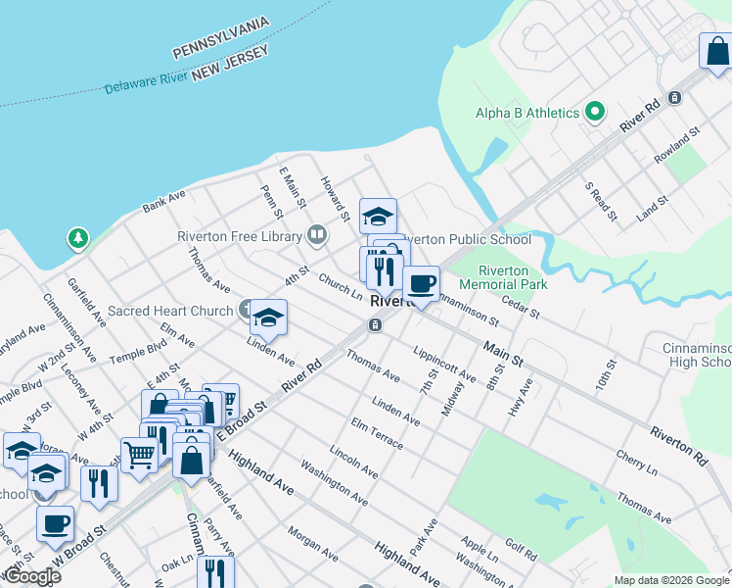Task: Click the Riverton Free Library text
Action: tap(240, 235)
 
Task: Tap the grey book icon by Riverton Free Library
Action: tap(316, 234)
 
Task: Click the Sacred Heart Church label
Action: tap(170, 311)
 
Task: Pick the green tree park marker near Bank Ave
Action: tap(77, 238)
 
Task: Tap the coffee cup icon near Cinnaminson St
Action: tap(421, 284)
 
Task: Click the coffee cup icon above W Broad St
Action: tap(55, 522)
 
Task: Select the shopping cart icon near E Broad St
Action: tap(140, 454)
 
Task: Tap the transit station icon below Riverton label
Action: tap(375, 324)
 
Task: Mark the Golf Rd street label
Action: tap(522, 553)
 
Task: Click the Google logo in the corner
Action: tap(32, 576)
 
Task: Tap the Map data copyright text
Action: tap(670, 580)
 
